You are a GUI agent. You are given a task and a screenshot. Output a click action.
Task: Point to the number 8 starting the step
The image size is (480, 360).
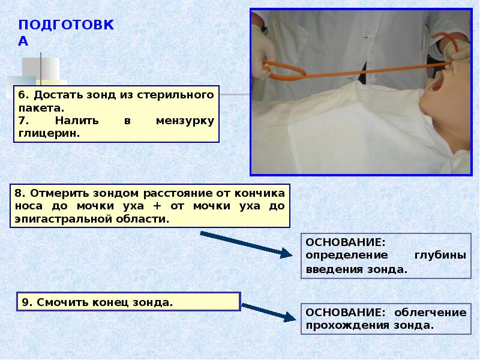pos(19,194)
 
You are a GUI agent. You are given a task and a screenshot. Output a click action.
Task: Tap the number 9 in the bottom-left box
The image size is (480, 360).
pos(26,302)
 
